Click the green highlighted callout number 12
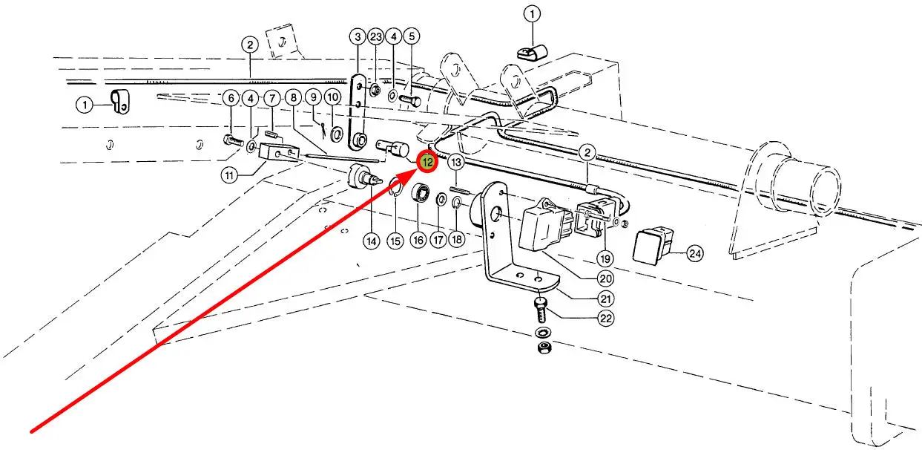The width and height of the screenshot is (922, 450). (427, 162)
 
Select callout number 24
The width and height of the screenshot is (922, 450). (695, 253)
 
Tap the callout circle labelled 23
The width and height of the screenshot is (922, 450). (376, 37)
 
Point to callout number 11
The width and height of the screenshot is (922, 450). (229, 175)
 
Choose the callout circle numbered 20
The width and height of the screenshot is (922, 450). (605, 279)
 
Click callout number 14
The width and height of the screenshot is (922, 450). (372, 241)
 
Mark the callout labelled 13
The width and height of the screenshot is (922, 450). (456, 163)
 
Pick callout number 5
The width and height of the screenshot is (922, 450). (412, 36)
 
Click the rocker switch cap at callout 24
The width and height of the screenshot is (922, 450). (653, 246)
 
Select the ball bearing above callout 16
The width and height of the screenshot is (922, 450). (421, 193)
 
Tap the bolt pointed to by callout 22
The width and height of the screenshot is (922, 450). (541, 310)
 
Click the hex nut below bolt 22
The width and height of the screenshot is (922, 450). (544, 348)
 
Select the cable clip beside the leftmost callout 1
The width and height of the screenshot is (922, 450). (119, 102)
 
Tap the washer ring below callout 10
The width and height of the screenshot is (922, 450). (336, 134)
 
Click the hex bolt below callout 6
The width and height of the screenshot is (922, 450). (233, 141)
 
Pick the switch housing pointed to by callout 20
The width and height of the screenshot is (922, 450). (545, 225)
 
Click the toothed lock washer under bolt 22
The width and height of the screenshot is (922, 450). (543, 331)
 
